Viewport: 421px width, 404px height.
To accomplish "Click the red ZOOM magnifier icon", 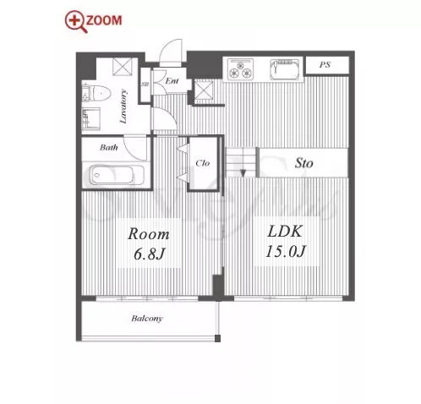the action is click(x=76, y=21).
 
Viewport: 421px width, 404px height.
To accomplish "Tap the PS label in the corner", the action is click(x=325, y=65).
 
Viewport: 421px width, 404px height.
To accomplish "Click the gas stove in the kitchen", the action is click(x=240, y=69).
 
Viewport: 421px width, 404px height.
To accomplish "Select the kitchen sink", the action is click(x=284, y=69).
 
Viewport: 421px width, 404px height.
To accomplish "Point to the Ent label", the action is click(x=172, y=81).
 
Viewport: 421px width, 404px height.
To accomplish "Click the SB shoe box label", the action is click(x=145, y=85).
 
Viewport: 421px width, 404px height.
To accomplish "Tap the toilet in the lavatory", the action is click(x=96, y=92).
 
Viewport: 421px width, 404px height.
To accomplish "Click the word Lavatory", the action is click(x=123, y=106).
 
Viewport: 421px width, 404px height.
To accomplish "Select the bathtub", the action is click(x=117, y=175).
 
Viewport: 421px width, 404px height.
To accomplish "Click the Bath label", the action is click(x=109, y=147).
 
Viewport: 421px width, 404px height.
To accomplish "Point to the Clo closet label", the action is click(x=203, y=163).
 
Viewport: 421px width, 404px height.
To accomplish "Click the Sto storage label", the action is click(x=303, y=163).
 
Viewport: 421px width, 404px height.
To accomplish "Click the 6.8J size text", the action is click(x=149, y=254).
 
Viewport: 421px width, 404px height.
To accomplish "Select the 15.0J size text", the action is click(x=286, y=251).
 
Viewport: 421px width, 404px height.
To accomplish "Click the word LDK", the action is click(x=285, y=232).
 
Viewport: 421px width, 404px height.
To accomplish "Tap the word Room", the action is click(x=149, y=234).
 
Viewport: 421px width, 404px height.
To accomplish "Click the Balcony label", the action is click(x=147, y=319).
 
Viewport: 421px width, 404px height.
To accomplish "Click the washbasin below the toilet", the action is click(x=90, y=118).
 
